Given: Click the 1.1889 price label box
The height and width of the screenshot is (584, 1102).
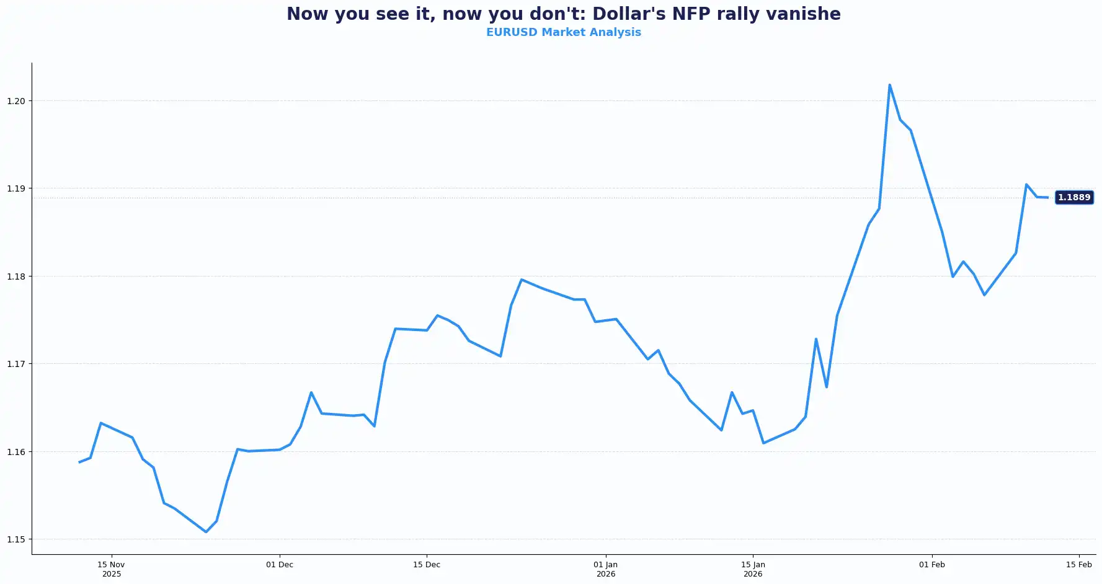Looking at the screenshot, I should click(1073, 198).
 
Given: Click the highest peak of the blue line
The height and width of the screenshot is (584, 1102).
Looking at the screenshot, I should click(889, 85).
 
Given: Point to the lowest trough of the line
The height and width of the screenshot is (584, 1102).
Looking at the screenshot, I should click(206, 532).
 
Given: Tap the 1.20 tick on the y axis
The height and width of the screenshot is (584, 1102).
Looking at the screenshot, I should click(16, 101).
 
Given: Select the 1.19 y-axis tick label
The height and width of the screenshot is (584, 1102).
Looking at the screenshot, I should click(16, 188).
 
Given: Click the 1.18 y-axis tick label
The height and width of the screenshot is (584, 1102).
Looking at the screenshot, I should click(16, 277).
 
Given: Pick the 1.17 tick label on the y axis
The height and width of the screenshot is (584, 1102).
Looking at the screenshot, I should click(16, 364).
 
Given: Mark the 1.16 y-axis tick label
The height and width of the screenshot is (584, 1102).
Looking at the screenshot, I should click(16, 452).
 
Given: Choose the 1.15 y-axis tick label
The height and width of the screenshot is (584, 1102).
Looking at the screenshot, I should click(16, 539).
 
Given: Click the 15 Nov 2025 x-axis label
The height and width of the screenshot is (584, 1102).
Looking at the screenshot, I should click(111, 569).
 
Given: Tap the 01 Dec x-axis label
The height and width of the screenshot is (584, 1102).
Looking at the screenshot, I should click(280, 565).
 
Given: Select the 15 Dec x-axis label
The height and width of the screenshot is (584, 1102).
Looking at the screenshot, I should click(427, 565).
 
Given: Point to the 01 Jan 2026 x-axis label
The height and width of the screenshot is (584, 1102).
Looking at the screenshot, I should click(605, 569).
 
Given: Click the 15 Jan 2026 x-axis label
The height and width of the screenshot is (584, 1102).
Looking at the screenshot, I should click(753, 569).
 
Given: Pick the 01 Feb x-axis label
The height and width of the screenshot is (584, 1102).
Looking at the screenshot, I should click(931, 565).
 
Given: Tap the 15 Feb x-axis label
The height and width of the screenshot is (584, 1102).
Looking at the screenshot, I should click(1078, 565).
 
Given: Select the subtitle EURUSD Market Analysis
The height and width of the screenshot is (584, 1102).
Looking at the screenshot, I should click(563, 32).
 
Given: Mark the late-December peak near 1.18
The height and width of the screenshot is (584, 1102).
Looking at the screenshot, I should click(522, 280).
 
